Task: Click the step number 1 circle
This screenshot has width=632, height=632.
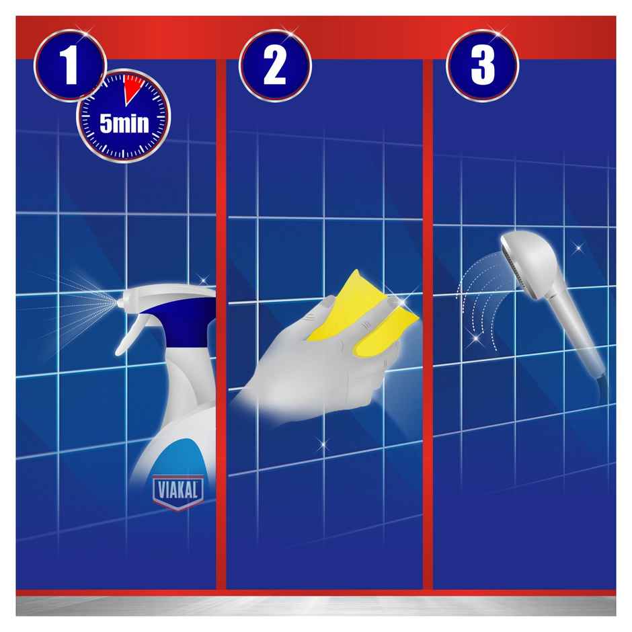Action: coord(70,65)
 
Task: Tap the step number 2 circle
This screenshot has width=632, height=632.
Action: coord(274,65)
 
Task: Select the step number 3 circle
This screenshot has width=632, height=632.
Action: coord(482,65)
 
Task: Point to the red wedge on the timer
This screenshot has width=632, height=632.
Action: coord(133,89)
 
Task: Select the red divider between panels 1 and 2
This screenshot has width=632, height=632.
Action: coord(221,323)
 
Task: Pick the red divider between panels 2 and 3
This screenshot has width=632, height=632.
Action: coord(428,323)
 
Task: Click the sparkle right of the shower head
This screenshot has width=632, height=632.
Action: coord(578,248)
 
